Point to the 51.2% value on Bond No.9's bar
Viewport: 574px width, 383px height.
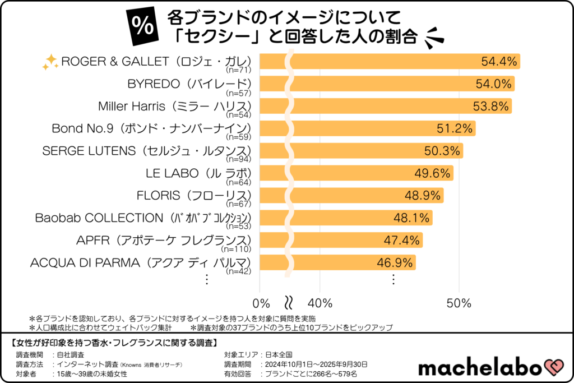tap(455, 128)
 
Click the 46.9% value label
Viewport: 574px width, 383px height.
tap(395, 262)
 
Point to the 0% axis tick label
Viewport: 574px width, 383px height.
tap(262, 303)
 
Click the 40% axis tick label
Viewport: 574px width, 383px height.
tap(320, 303)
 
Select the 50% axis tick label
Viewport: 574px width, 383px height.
tap(459, 303)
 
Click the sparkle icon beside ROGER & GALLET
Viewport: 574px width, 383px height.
tap(50, 63)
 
